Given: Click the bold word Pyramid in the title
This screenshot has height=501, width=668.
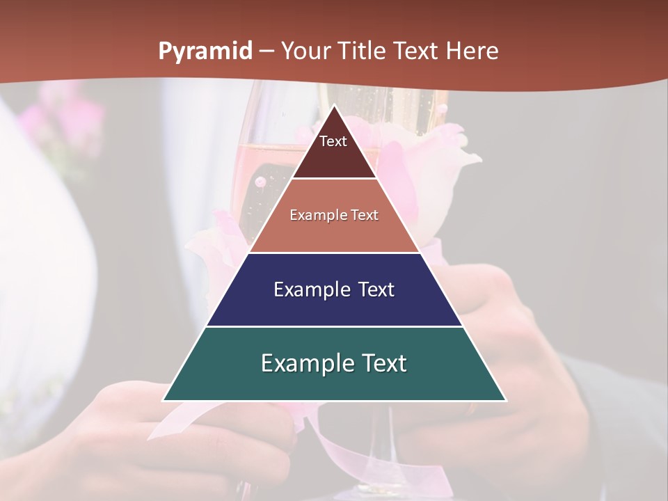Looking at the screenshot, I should [205, 51].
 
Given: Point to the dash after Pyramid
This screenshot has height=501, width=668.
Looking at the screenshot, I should [267, 51].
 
